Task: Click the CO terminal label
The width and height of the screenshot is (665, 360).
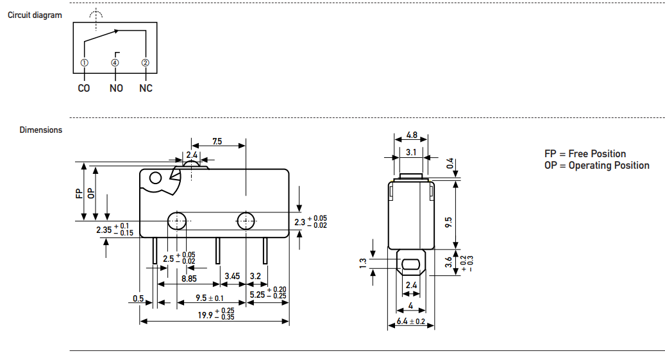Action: (x=84, y=88)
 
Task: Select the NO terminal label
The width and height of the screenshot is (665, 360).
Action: (x=115, y=88)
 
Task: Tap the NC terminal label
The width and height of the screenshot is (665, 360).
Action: (x=146, y=88)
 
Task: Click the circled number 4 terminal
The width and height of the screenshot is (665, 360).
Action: (x=115, y=63)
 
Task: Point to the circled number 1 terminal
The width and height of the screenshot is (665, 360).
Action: (x=84, y=63)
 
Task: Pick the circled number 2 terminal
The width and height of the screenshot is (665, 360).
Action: (x=146, y=63)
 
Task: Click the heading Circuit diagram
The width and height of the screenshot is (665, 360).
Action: (x=35, y=15)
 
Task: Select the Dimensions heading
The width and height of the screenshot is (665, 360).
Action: (x=41, y=130)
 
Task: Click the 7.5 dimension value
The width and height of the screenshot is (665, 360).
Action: (x=217, y=141)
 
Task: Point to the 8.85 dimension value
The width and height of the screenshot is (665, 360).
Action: (x=189, y=279)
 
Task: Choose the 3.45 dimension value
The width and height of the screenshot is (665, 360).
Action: (x=232, y=277)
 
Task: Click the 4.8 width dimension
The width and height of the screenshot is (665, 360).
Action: (x=412, y=135)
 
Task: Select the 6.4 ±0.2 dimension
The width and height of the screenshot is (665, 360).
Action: (x=411, y=321)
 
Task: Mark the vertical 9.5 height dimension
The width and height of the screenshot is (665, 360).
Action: (x=448, y=222)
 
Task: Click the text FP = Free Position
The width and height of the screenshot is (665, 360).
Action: (x=585, y=154)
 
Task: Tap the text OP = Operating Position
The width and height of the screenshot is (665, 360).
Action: (x=596, y=166)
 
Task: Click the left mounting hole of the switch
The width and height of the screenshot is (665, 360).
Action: (x=176, y=221)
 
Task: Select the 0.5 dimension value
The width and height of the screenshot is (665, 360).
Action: (x=138, y=298)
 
